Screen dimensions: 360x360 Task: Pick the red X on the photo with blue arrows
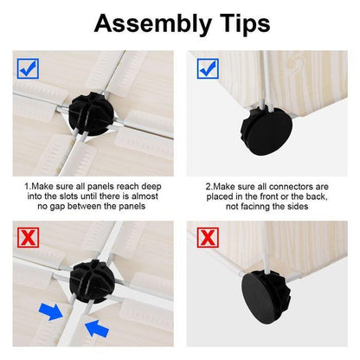28,235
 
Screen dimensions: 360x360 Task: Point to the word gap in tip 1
63,207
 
